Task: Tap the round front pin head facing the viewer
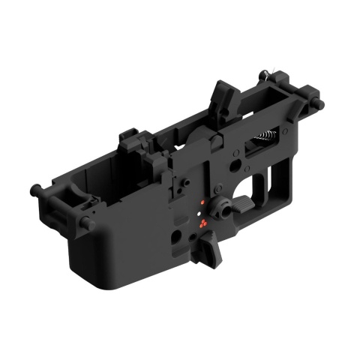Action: pyautogui.click(x=87, y=223)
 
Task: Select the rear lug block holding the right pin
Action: pyautogui.click(x=304, y=97)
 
